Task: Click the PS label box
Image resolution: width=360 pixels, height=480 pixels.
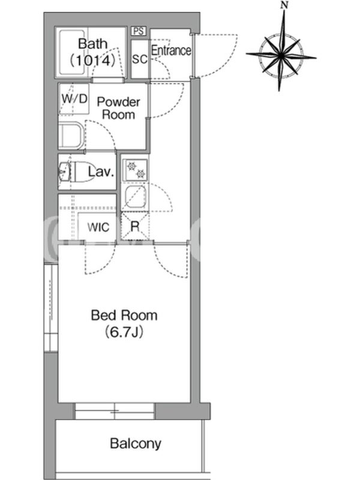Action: [x=139, y=31]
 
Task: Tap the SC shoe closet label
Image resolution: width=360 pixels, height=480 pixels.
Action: [x=139, y=59]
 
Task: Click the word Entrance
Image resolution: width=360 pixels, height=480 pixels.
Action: [x=171, y=50]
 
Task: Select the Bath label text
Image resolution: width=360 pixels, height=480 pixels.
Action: [x=93, y=44]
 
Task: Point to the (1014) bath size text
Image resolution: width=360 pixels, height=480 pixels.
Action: [x=93, y=61]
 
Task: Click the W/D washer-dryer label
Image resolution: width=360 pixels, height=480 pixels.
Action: [x=74, y=98]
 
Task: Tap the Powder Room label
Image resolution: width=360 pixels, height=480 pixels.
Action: [x=118, y=108]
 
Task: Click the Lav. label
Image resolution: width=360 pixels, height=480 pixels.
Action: [x=101, y=172]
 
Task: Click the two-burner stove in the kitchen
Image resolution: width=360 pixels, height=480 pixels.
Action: [x=136, y=170]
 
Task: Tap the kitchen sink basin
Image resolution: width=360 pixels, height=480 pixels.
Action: [x=136, y=197]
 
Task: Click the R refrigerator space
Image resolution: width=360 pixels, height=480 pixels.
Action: [x=135, y=226]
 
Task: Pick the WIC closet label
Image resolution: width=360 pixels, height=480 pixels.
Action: [x=98, y=227]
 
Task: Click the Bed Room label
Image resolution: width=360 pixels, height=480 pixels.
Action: [x=124, y=316]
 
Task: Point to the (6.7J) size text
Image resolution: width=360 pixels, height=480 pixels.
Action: [x=124, y=332]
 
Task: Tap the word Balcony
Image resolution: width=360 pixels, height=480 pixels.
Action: [x=136, y=443]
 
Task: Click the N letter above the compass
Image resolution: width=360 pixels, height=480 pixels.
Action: [x=284, y=5]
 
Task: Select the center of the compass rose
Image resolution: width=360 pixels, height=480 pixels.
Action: [x=281, y=55]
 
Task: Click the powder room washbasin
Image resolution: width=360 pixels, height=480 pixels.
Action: [x=71, y=136]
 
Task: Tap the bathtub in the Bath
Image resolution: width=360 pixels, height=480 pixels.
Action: [x=72, y=52]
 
